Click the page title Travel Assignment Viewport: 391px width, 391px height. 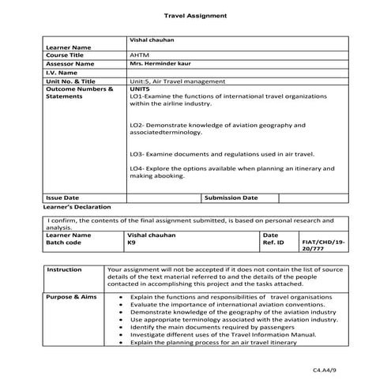(195, 15)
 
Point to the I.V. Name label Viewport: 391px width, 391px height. (61, 73)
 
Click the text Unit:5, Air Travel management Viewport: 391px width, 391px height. (178, 81)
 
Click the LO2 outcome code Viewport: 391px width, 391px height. (136, 125)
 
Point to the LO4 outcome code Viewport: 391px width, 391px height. (136, 168)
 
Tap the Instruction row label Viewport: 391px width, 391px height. (64, 269)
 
